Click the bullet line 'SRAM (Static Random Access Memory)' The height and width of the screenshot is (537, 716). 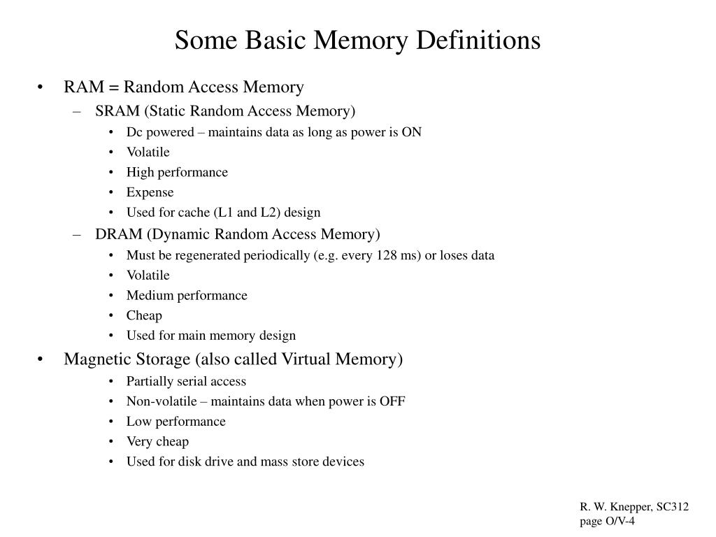(225, 111)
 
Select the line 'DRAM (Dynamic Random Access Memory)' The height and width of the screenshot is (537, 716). (238, 234)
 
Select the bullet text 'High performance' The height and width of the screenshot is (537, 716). (177, 172)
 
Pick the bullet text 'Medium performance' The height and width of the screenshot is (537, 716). (187, 295)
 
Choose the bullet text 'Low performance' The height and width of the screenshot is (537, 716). (176, 422)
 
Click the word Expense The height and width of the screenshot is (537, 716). (150, 192)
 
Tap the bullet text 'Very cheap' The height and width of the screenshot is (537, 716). (157, 441)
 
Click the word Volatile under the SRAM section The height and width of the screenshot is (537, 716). (148, 152)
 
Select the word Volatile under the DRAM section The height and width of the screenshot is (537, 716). (148, 275)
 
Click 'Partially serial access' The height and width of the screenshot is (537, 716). (186, 381)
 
